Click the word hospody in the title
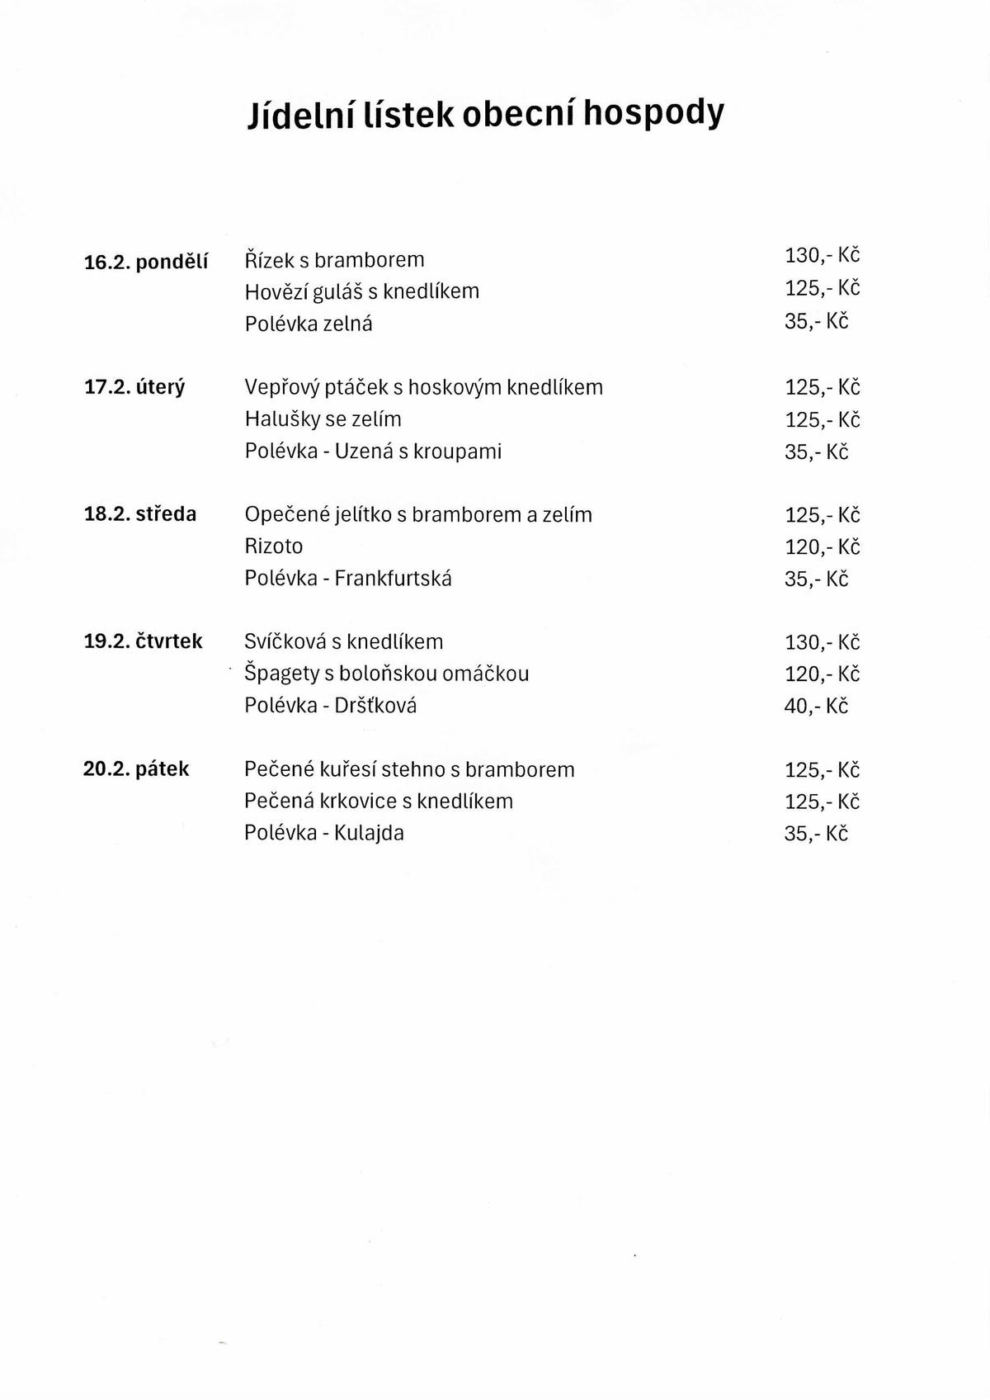click(x=653, y=114)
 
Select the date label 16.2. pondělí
click(x=146, y=262)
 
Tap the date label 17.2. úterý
click(x=134, y=387)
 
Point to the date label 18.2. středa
click(x=140, y=514)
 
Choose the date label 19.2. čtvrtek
click(x=143, y=641)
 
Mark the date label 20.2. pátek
click(x=136, y=769)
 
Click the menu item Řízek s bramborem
click(x=334, y=260)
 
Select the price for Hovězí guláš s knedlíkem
click(x=822, y=288)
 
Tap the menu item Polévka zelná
click(x=308, y=324)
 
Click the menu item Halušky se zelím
click(x=323, y=419)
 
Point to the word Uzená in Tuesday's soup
click(x=364, y=452)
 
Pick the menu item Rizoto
click(x=273, y=546)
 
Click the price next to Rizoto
click(x=822, y=547)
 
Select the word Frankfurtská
click(x=393, y=579)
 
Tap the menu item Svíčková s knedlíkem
click(x=343, y=642)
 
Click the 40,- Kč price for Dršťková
click(x=816, y=707)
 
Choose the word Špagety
click(x=281, y=674)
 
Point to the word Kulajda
click(x=369, y=833)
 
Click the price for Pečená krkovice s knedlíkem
click(x=822, y=802)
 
